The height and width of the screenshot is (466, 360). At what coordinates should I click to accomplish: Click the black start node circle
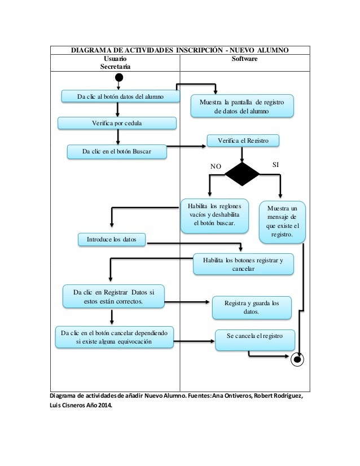pyautogui.click(x=119, y=77)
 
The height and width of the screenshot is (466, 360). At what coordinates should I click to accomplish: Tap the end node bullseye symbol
pyautogui.click(x=297, y=359)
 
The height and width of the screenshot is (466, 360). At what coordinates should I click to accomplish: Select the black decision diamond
pyautogui.click(x=242, y=174)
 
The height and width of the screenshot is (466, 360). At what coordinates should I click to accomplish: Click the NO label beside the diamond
pyautogui.click(x=216, y=166)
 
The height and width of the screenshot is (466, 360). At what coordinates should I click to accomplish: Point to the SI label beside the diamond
pyautogui.click(x=275, y=165)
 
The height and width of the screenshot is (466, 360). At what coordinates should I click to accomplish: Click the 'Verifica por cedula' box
pyautogui.click(x=117, y=123)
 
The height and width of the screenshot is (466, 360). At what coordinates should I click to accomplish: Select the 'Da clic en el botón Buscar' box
pyautogui.click(x=117, y=152)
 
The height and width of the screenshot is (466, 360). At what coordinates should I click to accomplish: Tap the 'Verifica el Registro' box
pyautogui.click(x=243, y=140)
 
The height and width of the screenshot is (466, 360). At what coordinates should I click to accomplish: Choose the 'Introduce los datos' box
pyautogui.click(x=112, y=240)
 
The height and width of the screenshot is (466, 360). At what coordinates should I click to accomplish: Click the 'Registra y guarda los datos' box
pyautogui.click(x=252, y=307)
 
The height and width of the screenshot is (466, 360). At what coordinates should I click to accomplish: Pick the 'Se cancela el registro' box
pyautogui.click(x=255, y=340)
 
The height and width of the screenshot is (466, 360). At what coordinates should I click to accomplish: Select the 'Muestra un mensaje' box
pyautogui.click(x=282, y=222)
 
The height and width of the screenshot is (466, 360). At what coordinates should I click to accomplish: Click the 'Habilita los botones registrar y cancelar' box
pyautogui.click(x=243, y=264)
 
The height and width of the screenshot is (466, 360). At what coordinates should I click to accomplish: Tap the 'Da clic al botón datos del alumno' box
pyautogui.click(x=120, y=96)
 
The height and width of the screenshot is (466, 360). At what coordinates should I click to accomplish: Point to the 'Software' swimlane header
pyautogui.click(x=245, y=59)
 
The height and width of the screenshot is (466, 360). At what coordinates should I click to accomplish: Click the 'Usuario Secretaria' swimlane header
pyautogui.click(x=115, y=63)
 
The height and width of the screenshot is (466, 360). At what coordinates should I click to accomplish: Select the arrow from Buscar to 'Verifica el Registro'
pyautogui.click(x=186, y=146)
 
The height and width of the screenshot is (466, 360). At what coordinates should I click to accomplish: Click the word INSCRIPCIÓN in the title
pyautogui.click(x=199, y=50)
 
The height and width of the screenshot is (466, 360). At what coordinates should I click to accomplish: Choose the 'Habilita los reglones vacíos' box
pyautogui.click(x=214, y=216)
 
